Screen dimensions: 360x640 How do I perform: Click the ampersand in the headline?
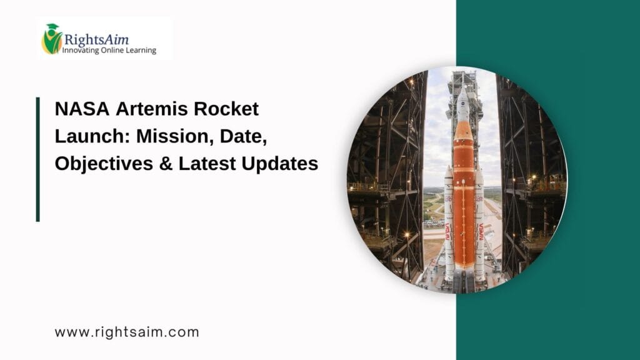(166, 164)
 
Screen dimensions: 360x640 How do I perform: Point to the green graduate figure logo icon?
(51, 39)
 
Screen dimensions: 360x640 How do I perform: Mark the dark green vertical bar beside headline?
(38, 159)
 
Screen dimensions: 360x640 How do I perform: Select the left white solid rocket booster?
(449, 225)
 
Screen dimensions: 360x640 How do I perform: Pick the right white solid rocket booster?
(479, 225)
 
